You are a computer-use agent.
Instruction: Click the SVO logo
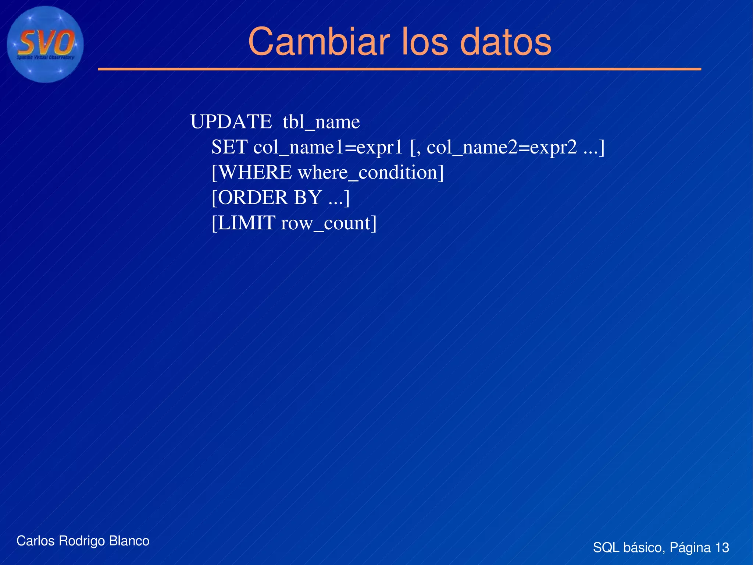coord(45,45)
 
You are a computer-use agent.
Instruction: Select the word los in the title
coord(425,42)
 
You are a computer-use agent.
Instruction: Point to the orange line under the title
coord(399,69)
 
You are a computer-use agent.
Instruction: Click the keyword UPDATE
coord(231,122)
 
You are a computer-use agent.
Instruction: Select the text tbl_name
coord(321,122)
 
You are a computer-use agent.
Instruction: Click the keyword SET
coord(229,147)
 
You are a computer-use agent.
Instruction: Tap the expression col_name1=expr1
coord(328,147)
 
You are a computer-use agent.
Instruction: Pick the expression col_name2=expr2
coord(502,147)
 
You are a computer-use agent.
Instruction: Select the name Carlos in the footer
coord(36,541)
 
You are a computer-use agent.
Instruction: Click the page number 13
coord(722,547)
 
